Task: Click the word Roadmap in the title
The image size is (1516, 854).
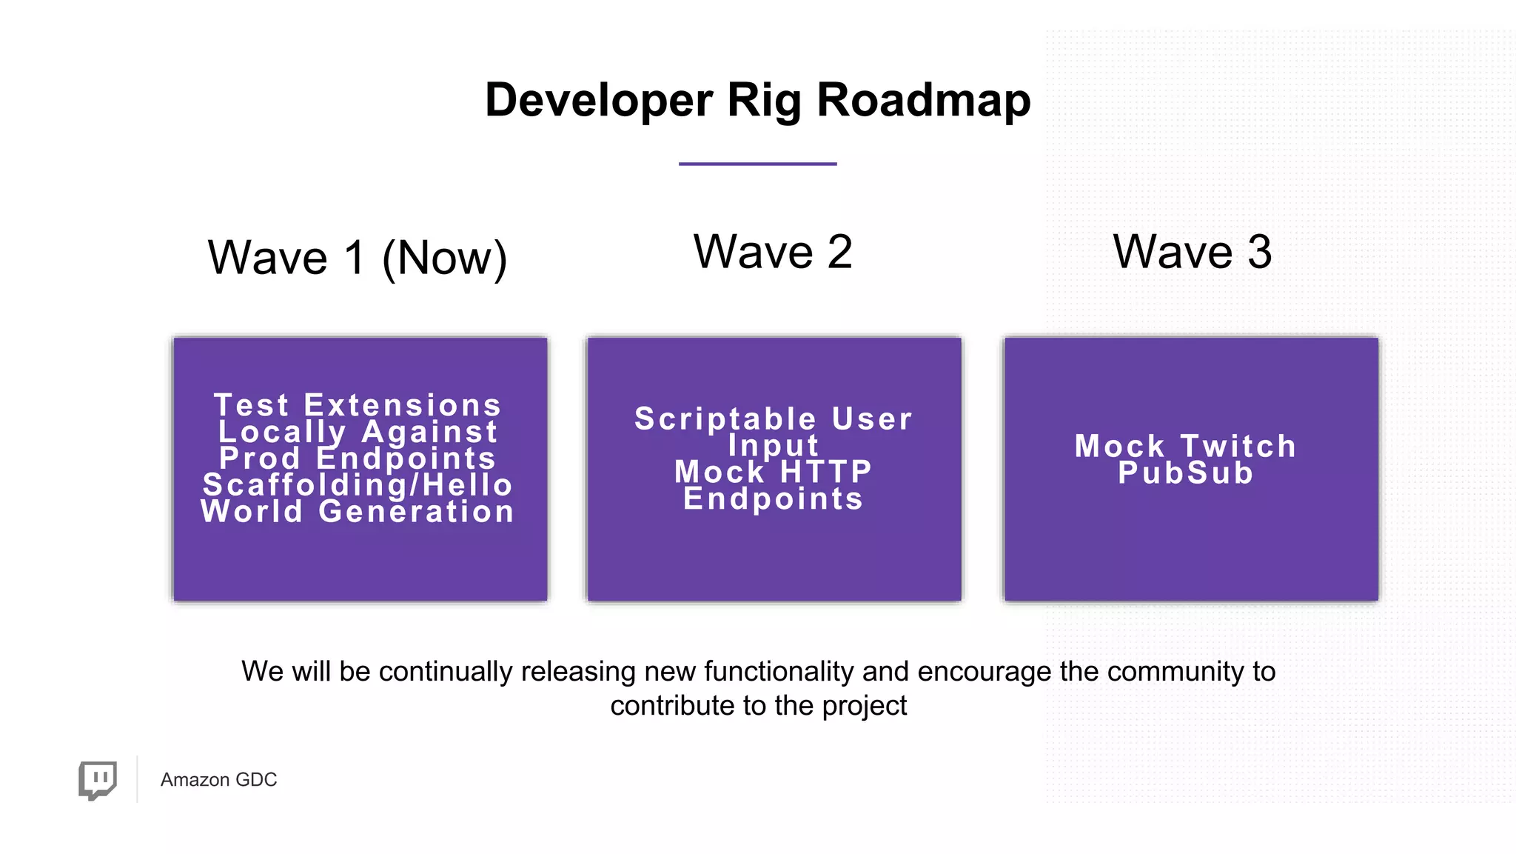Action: tap(923, 100)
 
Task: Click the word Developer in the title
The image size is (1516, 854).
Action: tap(599, 100)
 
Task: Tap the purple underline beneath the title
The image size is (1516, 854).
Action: tap(757, 164)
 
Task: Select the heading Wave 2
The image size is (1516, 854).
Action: tap(773, 252)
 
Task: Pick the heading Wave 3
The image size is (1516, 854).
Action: tap(1192, 252)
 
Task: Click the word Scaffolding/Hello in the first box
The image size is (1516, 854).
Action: tap(358, 485)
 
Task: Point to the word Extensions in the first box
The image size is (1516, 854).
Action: tap(403, 405)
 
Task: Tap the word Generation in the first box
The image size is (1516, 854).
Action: tap(417, 512)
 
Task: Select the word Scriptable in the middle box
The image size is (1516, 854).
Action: tap(725, 419)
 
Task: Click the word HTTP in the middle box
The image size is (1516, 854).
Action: tap(826, 472)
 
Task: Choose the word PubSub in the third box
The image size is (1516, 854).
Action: tap(1186, 473)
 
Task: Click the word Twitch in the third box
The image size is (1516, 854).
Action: tap(1238, 447)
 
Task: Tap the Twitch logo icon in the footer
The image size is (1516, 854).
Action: tap(98, 780)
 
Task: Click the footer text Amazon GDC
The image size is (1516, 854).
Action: tap(218, 780)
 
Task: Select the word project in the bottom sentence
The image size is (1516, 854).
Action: tap(864, 706)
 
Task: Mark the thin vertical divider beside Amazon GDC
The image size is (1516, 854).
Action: tap(137, 779)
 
